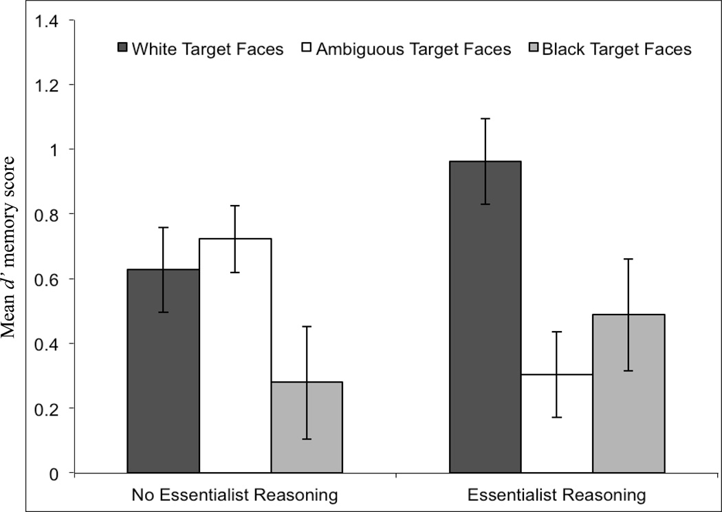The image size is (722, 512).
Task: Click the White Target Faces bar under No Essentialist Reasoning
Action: [x=163, y=372]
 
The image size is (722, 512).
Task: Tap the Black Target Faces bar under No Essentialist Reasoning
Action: [x=307, y=427]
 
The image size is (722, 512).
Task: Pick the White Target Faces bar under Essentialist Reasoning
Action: [x=485, y=317]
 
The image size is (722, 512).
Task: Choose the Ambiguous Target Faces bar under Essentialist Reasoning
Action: [x=557, y=423]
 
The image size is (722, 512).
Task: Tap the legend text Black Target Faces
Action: [x=617, y=49]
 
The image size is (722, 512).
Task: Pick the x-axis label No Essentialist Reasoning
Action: [x=234, y=494]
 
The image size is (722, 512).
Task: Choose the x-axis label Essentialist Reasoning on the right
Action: [x=556, y=494]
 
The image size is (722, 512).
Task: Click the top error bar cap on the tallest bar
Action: [x=485, y=118]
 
